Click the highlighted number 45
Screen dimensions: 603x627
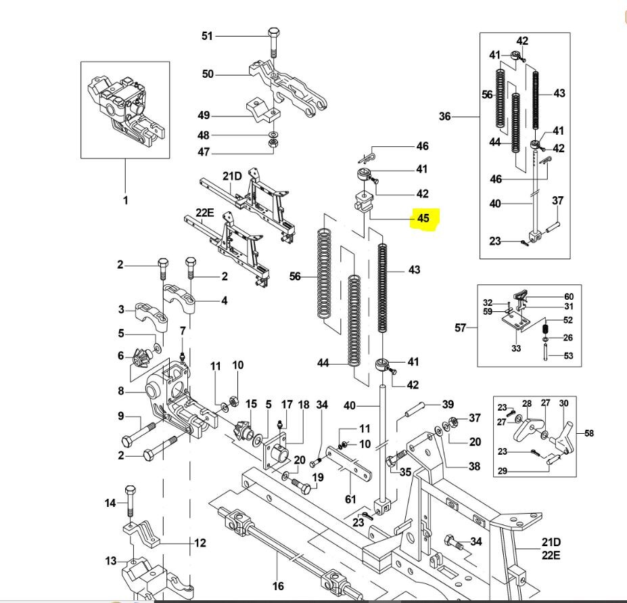pos(423,219)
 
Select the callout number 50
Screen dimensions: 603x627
pos(208,74)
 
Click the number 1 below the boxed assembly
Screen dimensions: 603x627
pos(125,200)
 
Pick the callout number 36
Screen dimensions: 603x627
pos(444,116)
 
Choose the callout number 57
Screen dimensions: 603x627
pos(460,328)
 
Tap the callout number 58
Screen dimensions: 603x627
pos(588,433)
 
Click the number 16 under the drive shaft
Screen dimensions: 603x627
pos(278,586)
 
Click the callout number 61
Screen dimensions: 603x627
pos(350,499)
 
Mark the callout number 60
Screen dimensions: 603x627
pos(569,296)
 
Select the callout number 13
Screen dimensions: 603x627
pos(111,560)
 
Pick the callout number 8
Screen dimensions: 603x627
pos(120,390)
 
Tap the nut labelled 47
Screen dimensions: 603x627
pos(271,143)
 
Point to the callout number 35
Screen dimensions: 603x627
pos(405,472)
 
